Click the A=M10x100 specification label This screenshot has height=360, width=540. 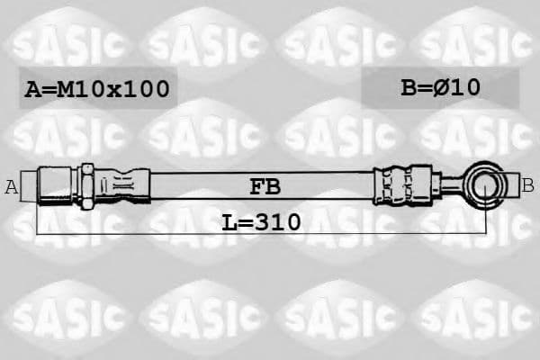point(95,89)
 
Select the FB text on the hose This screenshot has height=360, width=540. point(264,187)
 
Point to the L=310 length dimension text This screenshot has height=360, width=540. point(262,220)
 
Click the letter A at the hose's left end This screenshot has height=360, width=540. point(12,187)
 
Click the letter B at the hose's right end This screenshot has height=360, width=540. point(527,186)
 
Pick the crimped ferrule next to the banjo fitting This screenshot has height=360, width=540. point(400,184)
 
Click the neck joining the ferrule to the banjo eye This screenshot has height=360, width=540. point(450,185)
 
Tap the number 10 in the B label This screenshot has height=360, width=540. point(465,87)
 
